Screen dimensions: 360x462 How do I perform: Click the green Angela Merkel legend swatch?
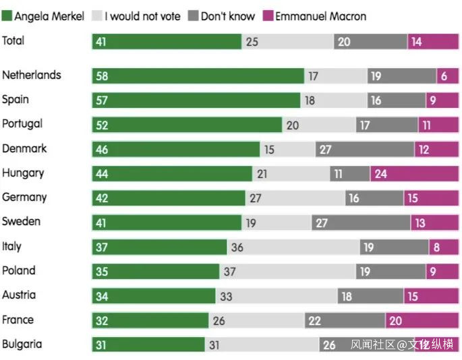(x=7, y=16)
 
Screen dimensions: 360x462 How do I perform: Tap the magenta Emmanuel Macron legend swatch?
(x=268, y=16)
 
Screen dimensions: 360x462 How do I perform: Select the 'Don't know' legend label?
(x=227, y=16)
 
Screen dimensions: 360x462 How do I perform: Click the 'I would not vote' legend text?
(x=142, y=16)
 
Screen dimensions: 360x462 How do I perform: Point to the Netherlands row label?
(x=31, y=75)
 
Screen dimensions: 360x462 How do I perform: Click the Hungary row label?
(x=23, y=173)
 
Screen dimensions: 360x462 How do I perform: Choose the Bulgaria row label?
(x=22, y=344)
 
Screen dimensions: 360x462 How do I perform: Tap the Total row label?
(x=13, y=40)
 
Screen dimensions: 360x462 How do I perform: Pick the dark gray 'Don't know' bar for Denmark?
(x=364, y=150)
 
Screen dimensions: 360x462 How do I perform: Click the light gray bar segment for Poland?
(x=287, y=272)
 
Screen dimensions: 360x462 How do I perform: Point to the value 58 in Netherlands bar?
(x=102, y=76)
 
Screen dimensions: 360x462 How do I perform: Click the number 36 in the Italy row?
(x=237, y=247)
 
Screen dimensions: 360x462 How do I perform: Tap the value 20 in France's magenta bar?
(x=395, y=321)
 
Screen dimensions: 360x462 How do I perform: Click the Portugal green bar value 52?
(x=102, y=125)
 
